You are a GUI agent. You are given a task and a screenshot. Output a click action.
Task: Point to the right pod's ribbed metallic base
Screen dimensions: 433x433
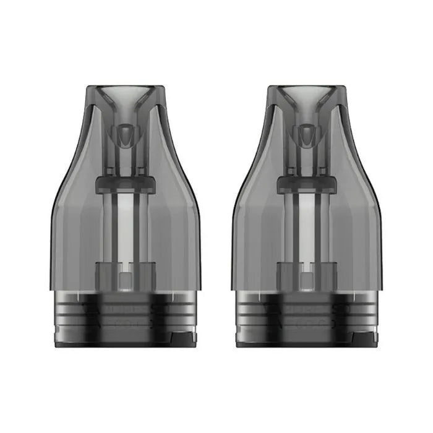pyautogui.click(x=307, y=312)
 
